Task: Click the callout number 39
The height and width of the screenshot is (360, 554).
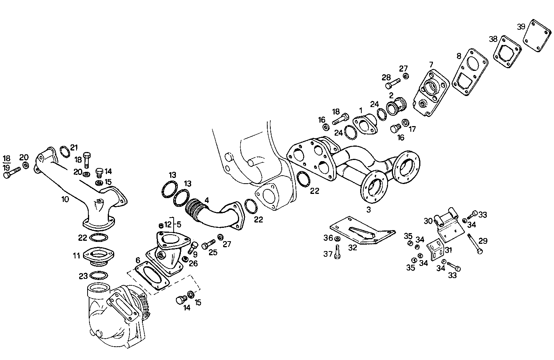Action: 521,27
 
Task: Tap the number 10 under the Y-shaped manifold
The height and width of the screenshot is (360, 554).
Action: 65,199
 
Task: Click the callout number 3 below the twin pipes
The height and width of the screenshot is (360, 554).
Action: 368,209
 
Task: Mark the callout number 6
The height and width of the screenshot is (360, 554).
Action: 137,260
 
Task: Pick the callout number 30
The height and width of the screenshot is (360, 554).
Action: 428,221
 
